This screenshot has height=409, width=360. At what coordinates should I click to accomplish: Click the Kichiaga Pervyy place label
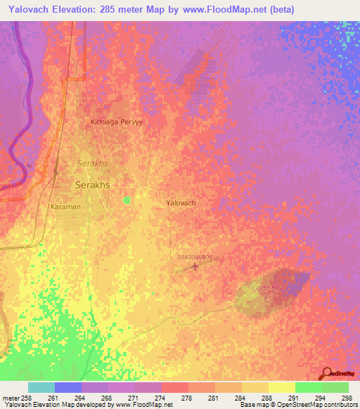117,122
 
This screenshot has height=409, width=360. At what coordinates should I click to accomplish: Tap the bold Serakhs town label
91,185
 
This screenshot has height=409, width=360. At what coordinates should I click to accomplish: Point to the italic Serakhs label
91,162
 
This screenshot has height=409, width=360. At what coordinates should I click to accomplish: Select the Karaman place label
65,207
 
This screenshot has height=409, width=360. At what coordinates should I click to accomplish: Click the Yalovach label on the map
181,202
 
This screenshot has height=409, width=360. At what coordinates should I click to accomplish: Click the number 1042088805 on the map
195,257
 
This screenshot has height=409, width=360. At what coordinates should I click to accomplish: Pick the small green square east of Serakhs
127,200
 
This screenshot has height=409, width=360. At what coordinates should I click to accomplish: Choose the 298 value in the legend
346,397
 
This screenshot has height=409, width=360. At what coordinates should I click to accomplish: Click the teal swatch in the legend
41,387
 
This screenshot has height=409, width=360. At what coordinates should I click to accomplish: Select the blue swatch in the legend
68,387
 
